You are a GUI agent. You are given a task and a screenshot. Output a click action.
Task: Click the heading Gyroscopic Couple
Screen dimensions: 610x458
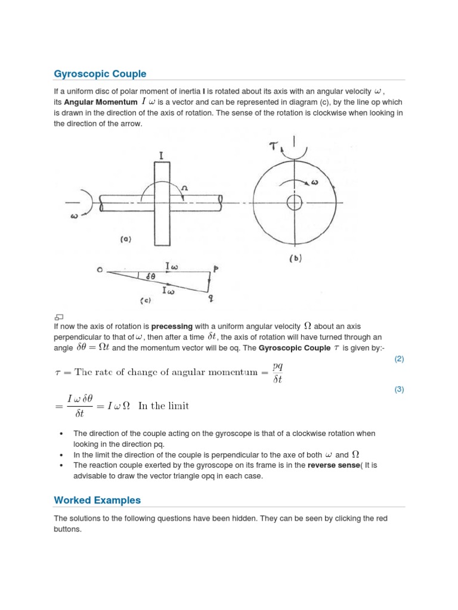100,74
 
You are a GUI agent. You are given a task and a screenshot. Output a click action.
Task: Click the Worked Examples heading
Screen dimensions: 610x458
97,500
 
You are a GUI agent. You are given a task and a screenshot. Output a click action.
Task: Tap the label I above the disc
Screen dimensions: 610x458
162,156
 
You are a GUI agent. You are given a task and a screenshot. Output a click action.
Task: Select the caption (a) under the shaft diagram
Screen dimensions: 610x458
125,239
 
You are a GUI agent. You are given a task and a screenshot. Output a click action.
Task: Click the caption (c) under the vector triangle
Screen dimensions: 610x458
146,301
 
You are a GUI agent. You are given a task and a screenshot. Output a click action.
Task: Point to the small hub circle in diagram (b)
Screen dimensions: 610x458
295,203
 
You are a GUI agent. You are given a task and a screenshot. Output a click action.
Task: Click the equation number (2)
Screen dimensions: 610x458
399,359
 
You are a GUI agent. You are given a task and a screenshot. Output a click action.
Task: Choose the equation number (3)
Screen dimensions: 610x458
399,390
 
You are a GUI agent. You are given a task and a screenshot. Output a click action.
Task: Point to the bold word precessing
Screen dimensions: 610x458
172,326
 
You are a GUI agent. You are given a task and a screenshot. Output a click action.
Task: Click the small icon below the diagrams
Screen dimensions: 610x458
58,317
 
